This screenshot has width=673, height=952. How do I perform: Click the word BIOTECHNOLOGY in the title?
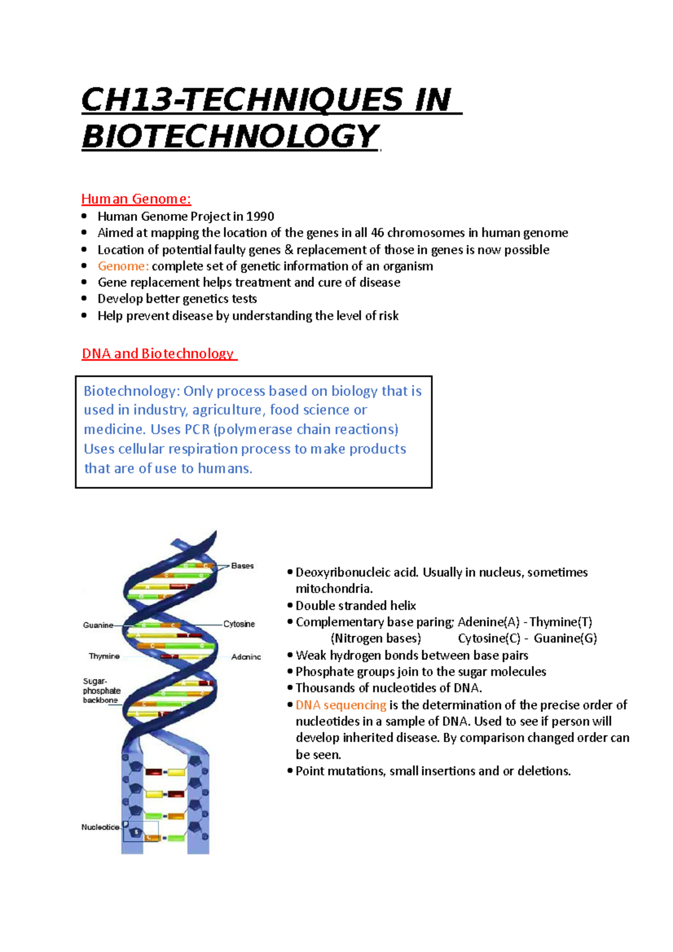[x=231, y=136]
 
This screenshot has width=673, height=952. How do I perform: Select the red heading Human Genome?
[x=136, y=199]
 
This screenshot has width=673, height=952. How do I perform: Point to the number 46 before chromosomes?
[x=377, y=233]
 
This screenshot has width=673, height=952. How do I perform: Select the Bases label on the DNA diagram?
[x=242, y=566]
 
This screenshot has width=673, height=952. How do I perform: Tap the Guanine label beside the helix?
[x=98, y=625]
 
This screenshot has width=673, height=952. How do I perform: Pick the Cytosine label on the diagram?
[x=239, y=624]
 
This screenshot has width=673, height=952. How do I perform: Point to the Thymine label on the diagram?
[x=104, y=656]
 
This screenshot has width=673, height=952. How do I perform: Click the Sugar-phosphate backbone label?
[x=101, y=691]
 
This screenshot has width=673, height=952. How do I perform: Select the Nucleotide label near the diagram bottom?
[x=100, y=827]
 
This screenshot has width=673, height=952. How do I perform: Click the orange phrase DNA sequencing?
[x=341, y=705]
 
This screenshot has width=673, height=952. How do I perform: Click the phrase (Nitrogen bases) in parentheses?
[x=376, y=639]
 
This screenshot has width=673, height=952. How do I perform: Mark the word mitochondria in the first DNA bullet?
[x=334, y=589]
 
